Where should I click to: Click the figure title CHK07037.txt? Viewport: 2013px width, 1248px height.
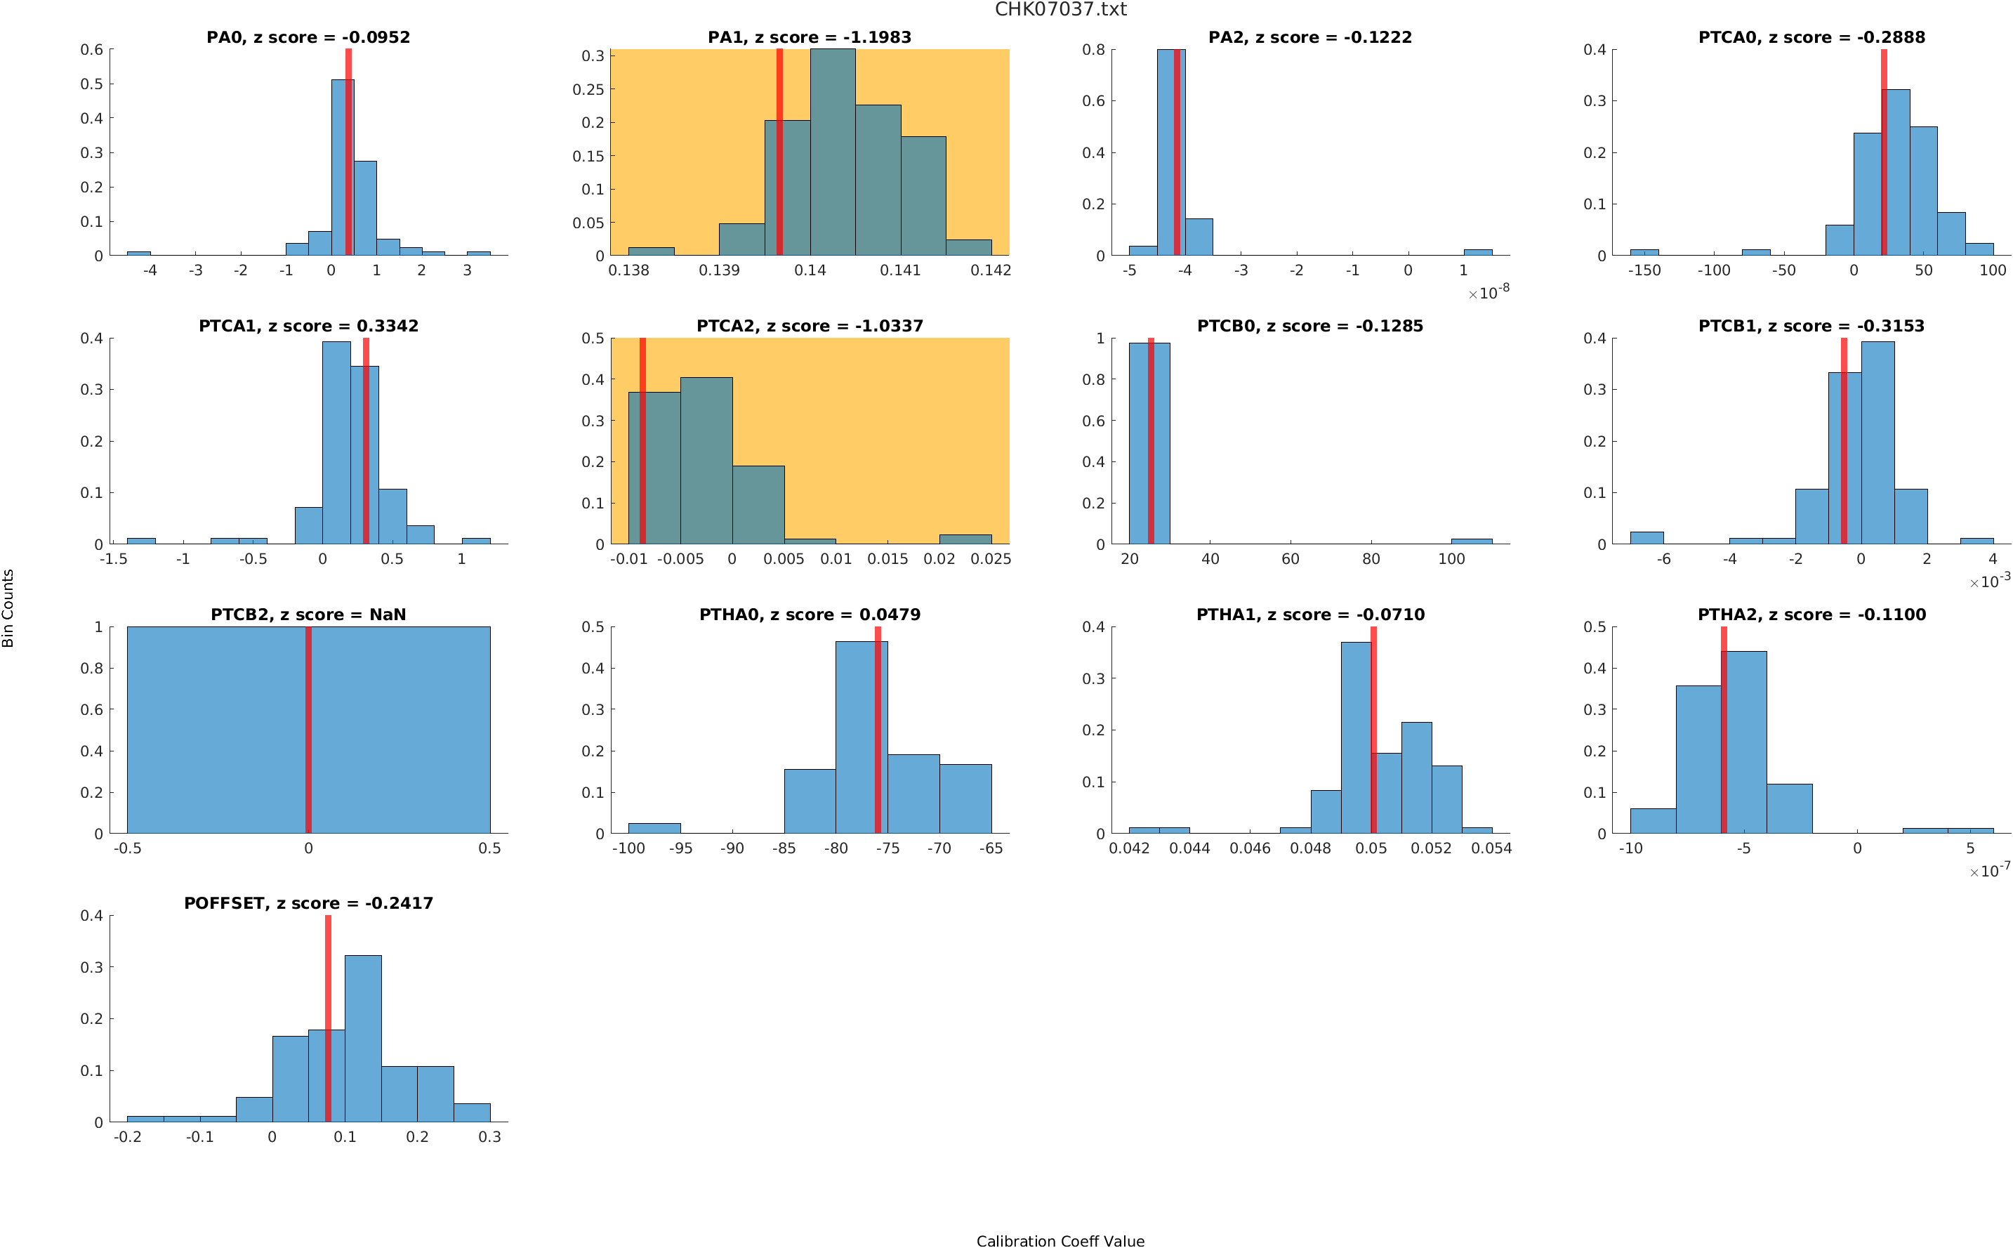click(1060, 10)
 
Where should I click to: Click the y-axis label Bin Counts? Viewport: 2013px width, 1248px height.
click(8, 607)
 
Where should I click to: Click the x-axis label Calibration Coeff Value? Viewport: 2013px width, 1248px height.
click(1060, 1240)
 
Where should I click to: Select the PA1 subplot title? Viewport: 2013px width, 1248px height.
click(809, 37)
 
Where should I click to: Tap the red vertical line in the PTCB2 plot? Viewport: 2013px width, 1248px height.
click(308, 730)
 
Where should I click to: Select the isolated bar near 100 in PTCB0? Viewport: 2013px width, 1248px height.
click(1471, 541)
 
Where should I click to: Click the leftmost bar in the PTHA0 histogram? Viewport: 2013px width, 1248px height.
click(654, 828)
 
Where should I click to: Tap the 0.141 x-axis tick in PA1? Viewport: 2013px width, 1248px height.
click(900, 270)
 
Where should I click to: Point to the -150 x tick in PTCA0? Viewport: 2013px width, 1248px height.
click(1644, 270)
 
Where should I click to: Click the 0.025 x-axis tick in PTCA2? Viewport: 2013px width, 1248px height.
click(990, 559)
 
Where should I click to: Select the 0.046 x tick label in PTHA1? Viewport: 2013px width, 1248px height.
click(1250, 848)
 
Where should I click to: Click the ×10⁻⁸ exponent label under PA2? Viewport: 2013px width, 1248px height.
click(1489, 292)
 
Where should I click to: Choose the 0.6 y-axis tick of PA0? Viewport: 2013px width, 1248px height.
click(93, 50)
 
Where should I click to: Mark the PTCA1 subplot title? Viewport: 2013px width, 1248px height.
click(308, 326)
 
